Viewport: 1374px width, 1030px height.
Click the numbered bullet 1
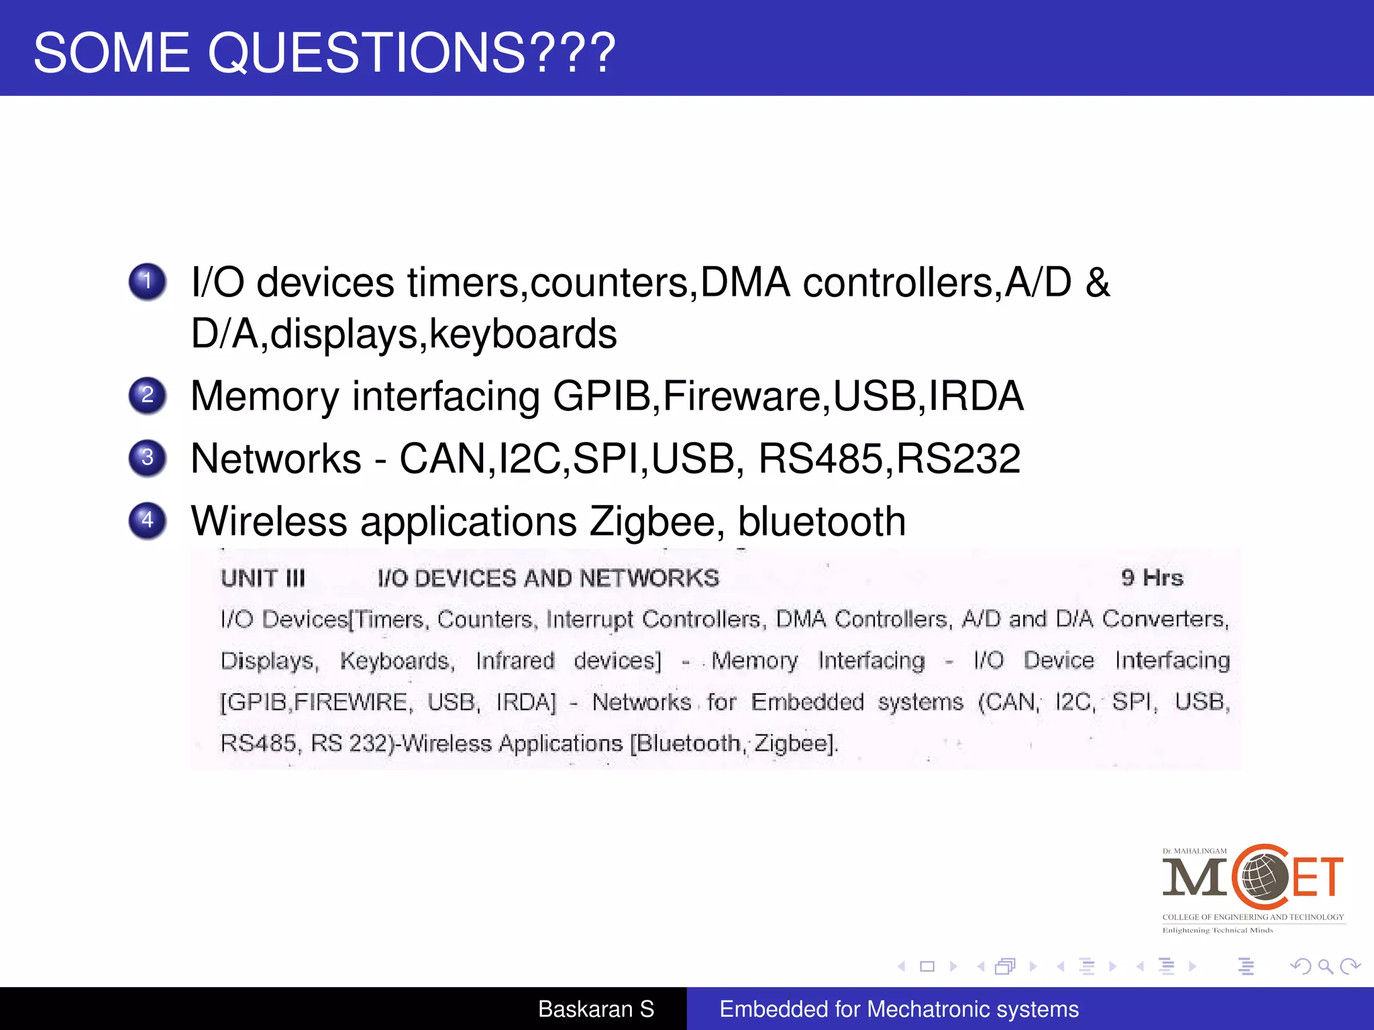pos(148,282)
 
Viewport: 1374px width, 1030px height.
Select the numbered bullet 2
pos(148,396)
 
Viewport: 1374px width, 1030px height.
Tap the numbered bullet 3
pos(148,458)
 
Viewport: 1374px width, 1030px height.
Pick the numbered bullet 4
pos(148,520)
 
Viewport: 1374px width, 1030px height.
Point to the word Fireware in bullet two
pos(741,396)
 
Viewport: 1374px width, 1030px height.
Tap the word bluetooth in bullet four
pos(822,522)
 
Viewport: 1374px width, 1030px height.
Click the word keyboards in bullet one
pos(523,334)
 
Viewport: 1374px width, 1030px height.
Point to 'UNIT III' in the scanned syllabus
pos(263,578)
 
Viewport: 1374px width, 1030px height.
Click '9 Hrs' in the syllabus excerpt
pos(1152,577)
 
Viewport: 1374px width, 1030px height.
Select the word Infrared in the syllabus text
pos(515,661)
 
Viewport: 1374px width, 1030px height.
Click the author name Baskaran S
pos(596,1009)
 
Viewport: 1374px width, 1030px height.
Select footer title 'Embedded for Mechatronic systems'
pos(899,1009)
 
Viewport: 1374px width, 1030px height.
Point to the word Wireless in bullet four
pos(269,522)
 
